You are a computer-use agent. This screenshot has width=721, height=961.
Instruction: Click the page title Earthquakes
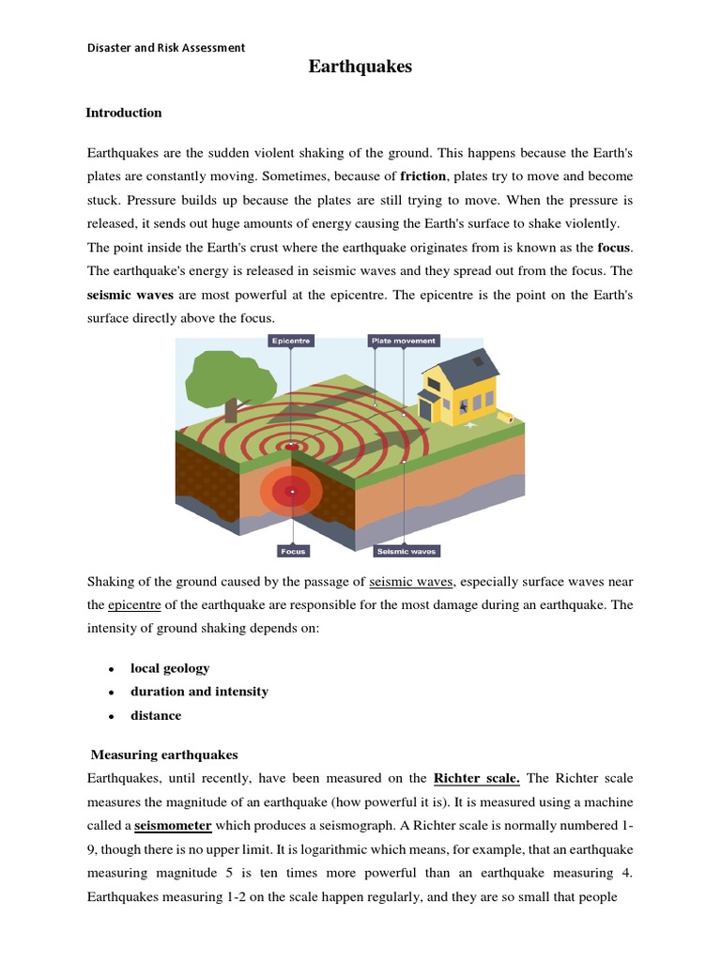point(360,67)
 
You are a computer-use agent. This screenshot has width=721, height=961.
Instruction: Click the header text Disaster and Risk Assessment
point(166,47)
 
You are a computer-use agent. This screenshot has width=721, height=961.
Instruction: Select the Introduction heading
point(124,113)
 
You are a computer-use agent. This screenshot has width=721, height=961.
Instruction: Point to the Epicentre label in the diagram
point(291,342)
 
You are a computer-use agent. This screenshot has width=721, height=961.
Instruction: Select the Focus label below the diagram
point(293,551)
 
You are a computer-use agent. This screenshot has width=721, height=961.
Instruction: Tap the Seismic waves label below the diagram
point(406,551)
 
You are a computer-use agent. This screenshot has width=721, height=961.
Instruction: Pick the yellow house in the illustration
point(460,385)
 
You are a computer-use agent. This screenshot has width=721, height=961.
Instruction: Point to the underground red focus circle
point(292,491)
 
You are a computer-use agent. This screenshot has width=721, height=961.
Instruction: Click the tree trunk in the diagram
point(231,409)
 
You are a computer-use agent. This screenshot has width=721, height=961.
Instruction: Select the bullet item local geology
point(170,668)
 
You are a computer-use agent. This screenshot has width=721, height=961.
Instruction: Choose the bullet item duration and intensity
point(199,692)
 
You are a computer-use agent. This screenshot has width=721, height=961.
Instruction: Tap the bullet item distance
point(156,715)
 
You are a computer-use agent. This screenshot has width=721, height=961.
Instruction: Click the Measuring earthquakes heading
point(164,755)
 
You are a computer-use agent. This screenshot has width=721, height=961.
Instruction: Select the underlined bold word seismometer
point(173,826)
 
